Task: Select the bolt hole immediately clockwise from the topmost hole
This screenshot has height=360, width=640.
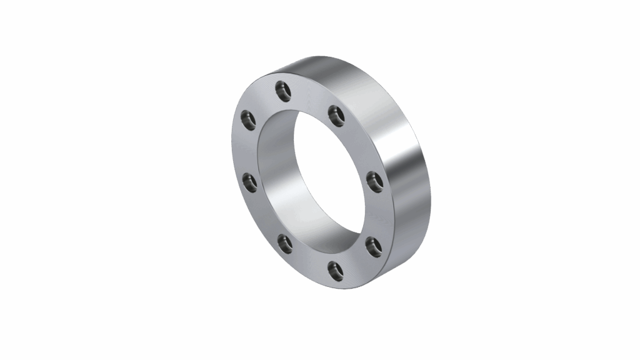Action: tap(337, 114)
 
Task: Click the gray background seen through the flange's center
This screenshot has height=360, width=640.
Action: tap(325, 162)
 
